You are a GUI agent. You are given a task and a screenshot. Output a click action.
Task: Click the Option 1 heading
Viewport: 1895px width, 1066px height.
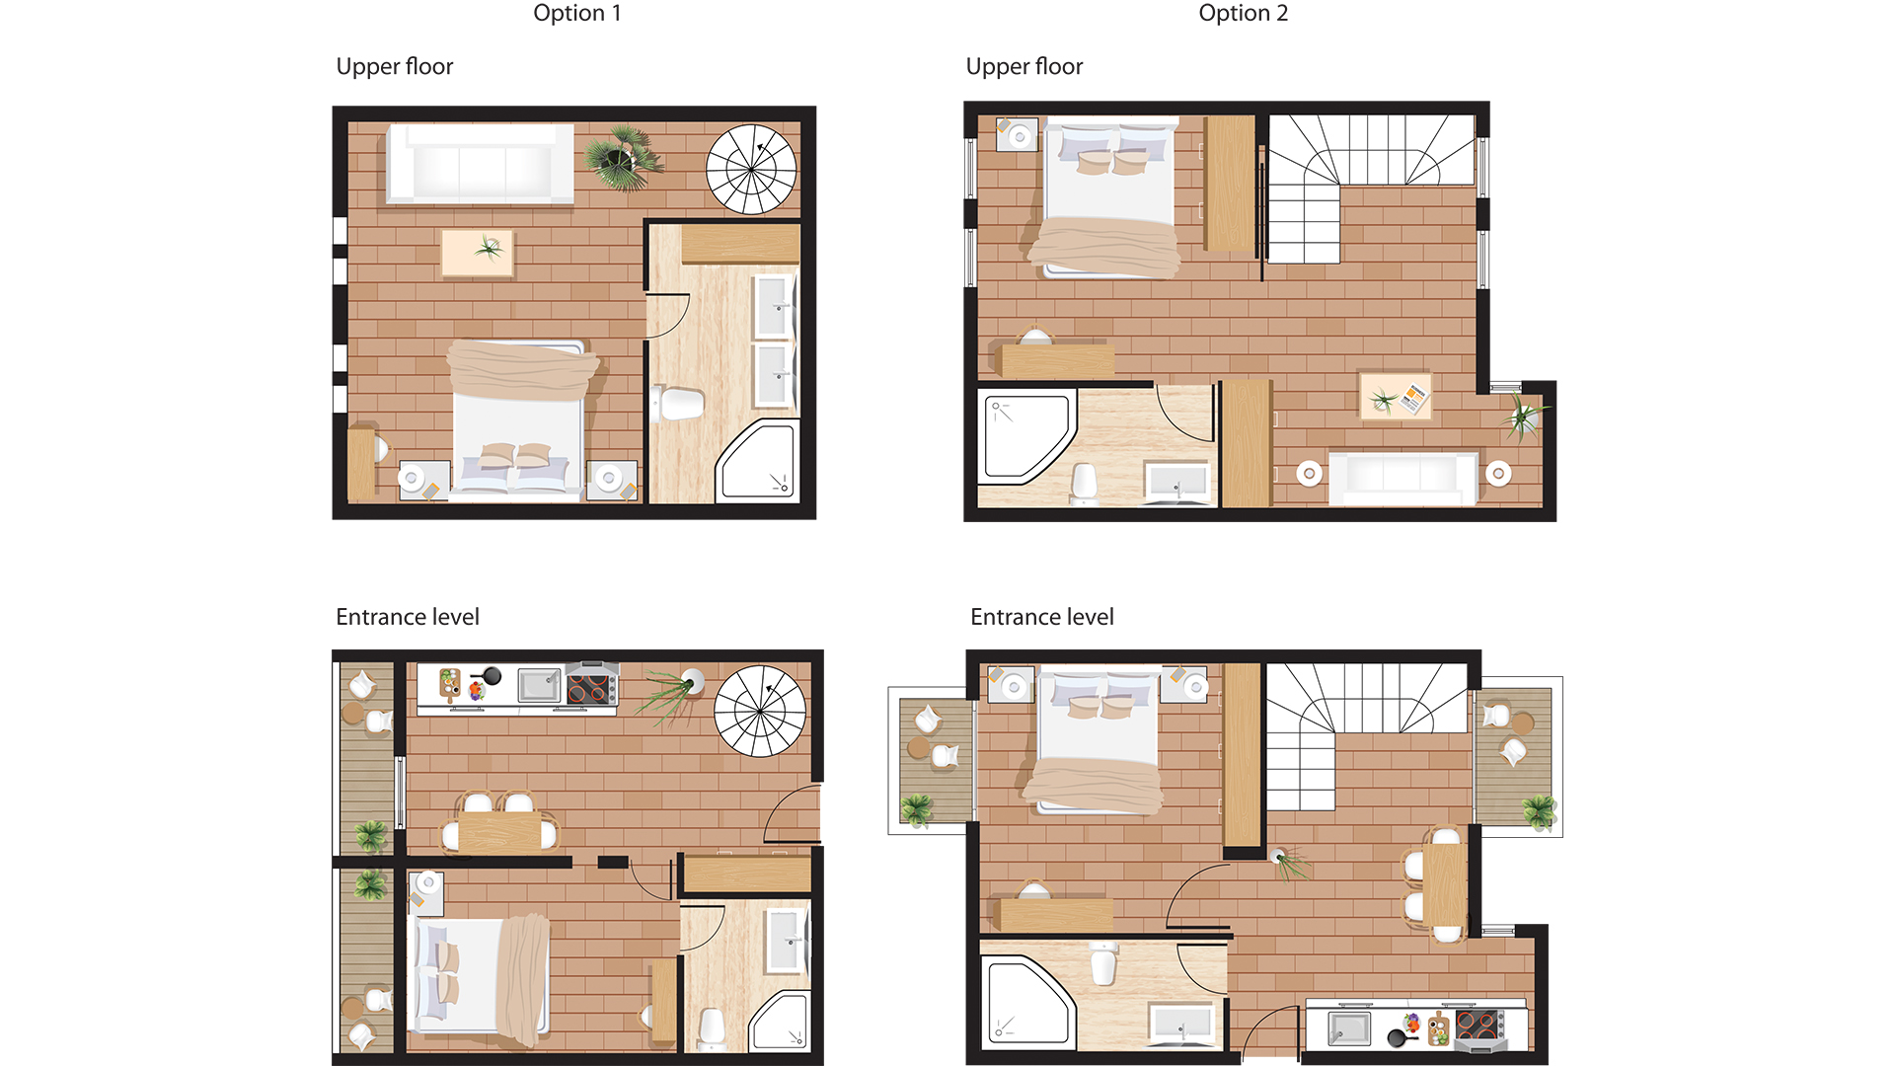click(x=577, y=14)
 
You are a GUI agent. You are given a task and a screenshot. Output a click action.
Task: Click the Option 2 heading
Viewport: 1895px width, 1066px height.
click(x=1243, y=14)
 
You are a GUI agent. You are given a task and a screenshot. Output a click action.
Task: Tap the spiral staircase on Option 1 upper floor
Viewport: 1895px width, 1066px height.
click(x=751, y=169)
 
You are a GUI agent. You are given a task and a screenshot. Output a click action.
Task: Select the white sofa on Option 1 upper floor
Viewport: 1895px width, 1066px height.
click(x=481, y=164)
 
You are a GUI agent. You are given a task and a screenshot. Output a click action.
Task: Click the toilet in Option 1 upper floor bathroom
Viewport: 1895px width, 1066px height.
click(x=680, y=403)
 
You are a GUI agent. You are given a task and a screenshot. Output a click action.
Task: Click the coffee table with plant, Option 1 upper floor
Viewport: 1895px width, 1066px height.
click(x=478, y=253)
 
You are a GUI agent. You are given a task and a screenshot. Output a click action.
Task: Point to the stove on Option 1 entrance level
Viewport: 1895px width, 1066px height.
click(x=592, y=685)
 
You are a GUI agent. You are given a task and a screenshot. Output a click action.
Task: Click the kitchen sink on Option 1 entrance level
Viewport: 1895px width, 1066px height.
click(x=540, y=685)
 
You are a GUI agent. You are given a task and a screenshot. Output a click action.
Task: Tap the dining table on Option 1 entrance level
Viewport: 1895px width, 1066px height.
click(x=499, y=832)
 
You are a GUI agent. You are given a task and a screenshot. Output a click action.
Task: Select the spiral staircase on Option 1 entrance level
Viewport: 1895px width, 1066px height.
click(x=760, y=711)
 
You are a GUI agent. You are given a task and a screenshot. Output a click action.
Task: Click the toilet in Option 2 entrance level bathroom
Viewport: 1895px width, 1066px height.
click(x=1103, y=962)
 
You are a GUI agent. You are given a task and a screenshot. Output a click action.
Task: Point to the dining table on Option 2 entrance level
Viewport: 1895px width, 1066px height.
click(x=1444, y=882)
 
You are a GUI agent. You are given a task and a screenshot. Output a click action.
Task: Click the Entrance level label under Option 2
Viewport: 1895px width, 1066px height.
click(x=1041, y=617)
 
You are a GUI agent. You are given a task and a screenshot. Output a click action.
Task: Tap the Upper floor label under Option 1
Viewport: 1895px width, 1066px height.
click(x=394, y=66)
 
